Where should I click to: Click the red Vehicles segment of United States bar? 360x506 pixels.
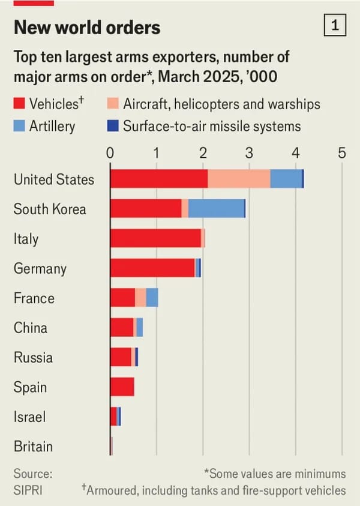[x=159, y=179]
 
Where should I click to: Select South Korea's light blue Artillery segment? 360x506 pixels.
[x=216, y=208]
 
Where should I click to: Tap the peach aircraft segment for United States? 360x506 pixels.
[x=239, y=179]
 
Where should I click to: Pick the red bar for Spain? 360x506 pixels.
[x=122, y=387]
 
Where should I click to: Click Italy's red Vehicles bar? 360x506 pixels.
[x=155, y=238]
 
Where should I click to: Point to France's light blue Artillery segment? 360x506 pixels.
[x=152, y=298]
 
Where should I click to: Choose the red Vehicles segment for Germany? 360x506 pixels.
[x=152, y=268]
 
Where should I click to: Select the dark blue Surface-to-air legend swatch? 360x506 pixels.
[x=114, y=126]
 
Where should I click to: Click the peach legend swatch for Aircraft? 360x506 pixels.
[x=114, y=104]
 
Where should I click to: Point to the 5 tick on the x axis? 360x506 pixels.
[x=342, y=152]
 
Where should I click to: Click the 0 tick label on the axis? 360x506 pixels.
[x=110, y=152]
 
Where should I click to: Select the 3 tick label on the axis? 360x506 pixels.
[x=249, y=152]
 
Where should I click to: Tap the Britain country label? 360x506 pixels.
[x=33, y=447]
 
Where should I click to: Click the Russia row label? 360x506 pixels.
[x=33, y=358]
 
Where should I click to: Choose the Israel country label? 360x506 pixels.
[x=29, y=417]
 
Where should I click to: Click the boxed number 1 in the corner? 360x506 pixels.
[x=334, y=25]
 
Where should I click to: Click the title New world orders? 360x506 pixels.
[x=87, y=27]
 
